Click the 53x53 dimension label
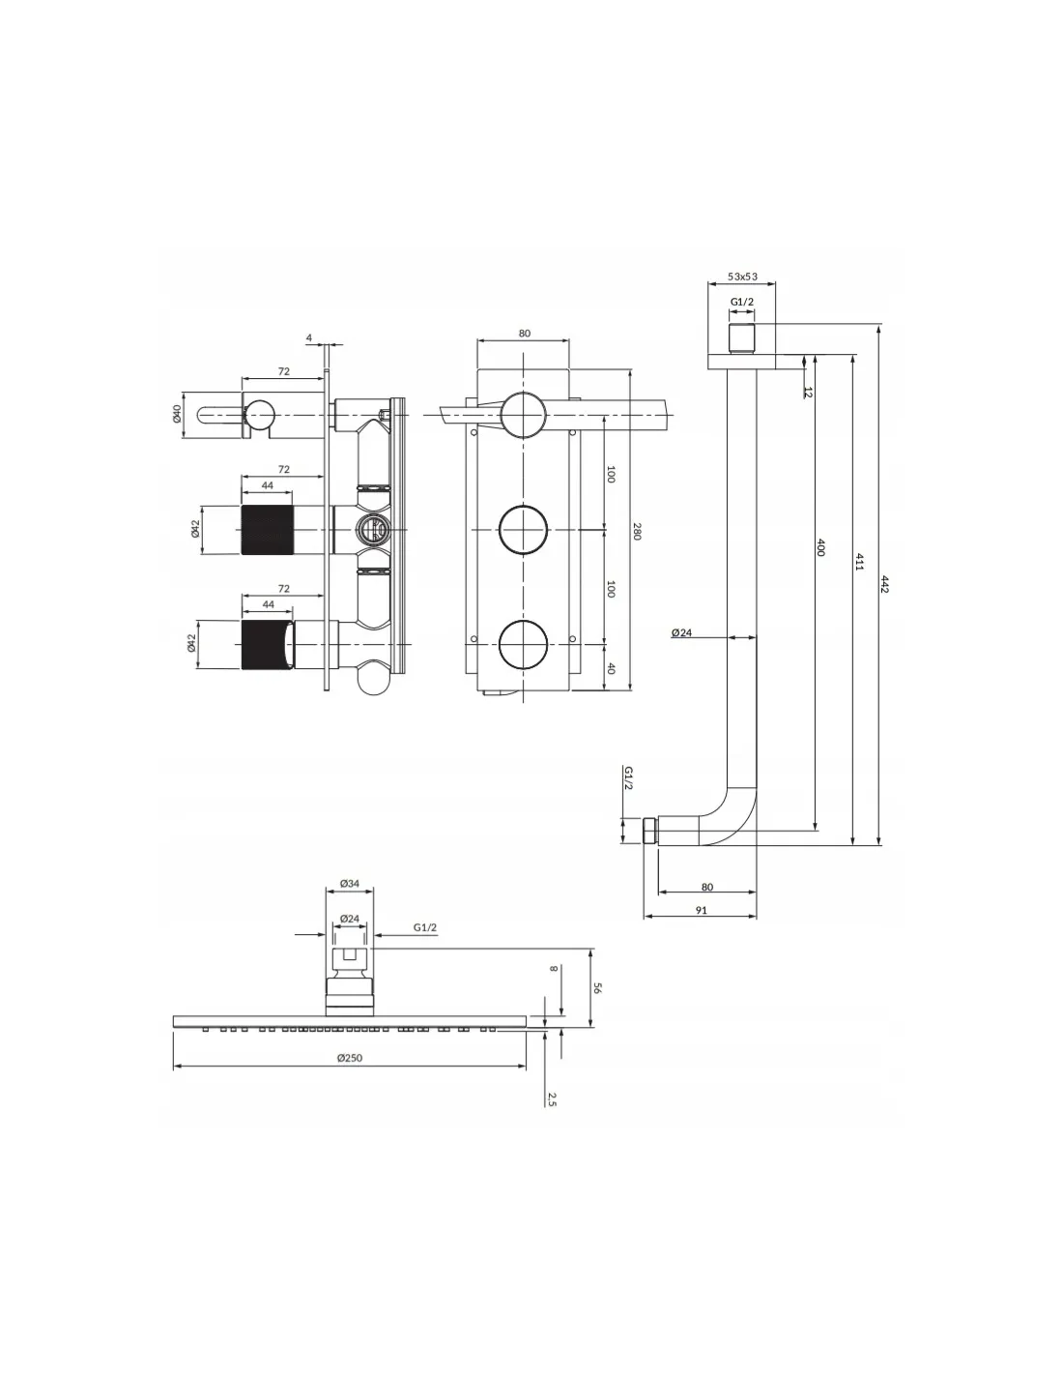coord(742,277)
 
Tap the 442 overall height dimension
coord(884,584)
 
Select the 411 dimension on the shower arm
coord(858,561)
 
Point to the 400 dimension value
coord(820,547)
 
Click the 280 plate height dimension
coord(637,532)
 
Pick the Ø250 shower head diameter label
coord(349,1057)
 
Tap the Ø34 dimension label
coord(349,884)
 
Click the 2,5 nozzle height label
coord(552,1099)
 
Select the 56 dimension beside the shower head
coord(597,987)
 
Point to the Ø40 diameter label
coord(177,414)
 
